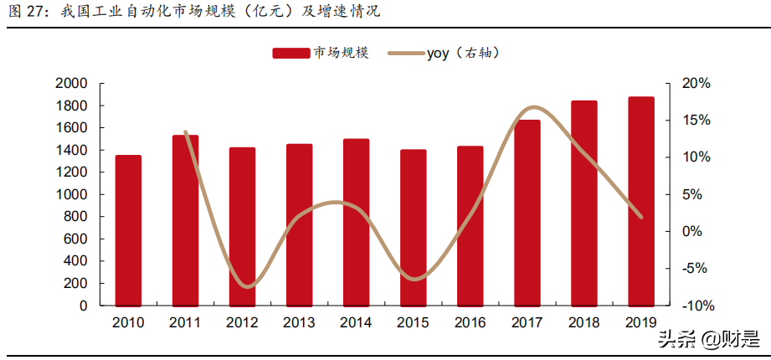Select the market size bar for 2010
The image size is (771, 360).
[128, 230]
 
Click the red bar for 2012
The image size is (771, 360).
[243, 227]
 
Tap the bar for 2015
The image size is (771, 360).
[414, 228]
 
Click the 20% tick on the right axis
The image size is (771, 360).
[696, 84]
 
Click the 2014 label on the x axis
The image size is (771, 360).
[357, 322]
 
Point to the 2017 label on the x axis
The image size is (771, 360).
[527, 322]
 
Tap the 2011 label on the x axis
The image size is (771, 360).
[185, 322]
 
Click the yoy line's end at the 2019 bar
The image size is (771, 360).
[641, 217]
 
